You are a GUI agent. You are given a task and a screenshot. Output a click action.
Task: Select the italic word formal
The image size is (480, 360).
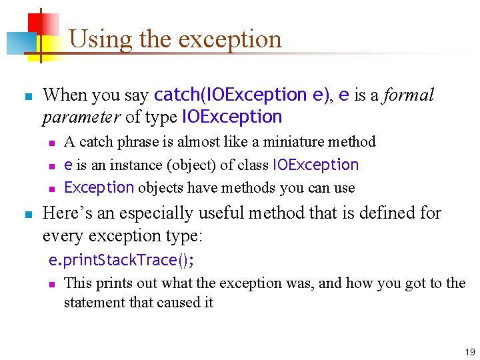[408, 95]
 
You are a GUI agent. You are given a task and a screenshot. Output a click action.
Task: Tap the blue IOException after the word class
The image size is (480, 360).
[315, 165]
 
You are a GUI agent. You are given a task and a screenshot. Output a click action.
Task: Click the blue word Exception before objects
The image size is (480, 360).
[99, 187]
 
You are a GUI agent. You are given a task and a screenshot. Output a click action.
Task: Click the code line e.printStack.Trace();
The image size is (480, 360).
[123, 259]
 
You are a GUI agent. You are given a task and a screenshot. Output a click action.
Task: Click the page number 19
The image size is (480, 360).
[470, 351]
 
